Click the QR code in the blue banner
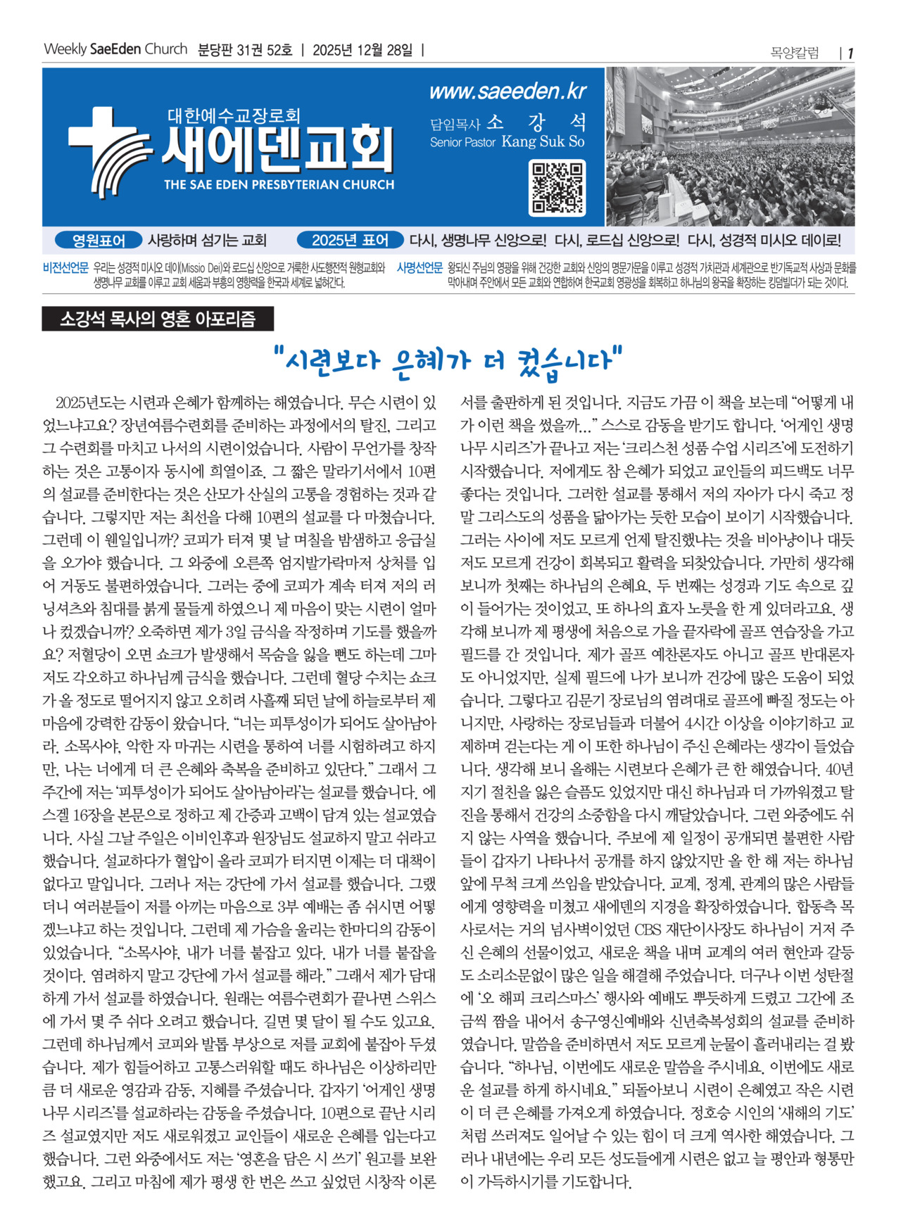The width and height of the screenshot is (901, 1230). [557, 188]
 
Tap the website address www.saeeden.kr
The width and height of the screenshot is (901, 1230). [508, 92]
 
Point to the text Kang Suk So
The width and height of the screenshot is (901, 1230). [543, 142]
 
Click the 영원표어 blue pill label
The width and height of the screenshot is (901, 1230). [99, 241]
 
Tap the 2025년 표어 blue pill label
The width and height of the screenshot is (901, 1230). [350, 241]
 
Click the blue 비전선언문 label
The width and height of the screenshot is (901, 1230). [65, 268]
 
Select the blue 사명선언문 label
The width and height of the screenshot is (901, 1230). [420, 268]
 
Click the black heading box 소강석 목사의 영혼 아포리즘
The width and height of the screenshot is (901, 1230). [158, 319]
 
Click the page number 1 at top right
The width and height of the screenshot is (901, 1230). [850, 53]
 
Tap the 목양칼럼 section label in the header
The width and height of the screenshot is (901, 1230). [795, 53]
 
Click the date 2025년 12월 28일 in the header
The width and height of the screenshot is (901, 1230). [363, 50]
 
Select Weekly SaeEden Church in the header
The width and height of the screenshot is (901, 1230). [115, 49]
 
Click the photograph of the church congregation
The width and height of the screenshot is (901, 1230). [730, 146]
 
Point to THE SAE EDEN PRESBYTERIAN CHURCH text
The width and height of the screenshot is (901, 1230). [279, 185]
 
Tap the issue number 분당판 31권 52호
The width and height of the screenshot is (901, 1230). [245, 50]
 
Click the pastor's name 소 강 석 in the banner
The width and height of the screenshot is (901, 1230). [536, 122]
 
